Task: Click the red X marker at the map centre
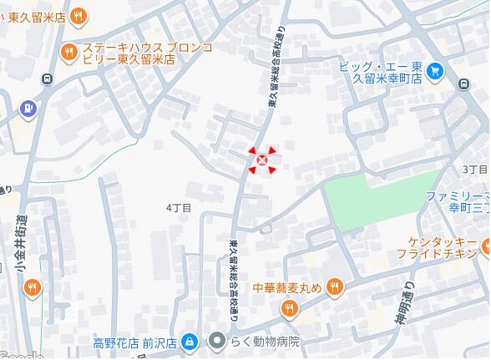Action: pos(262,160)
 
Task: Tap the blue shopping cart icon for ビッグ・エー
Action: pos(434,72)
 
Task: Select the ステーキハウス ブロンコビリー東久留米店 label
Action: pos(139,53)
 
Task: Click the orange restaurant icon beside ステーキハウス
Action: pos(69,53)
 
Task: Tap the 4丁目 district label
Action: pos(179,206)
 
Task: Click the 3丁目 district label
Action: pos(473,169)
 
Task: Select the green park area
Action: pos(380,197)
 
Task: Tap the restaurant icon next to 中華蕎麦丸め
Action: pos(334,286)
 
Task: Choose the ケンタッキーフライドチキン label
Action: pos(434,246)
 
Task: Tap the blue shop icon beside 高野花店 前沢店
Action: pos(190,342)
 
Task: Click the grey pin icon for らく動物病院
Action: pos(217,342)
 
